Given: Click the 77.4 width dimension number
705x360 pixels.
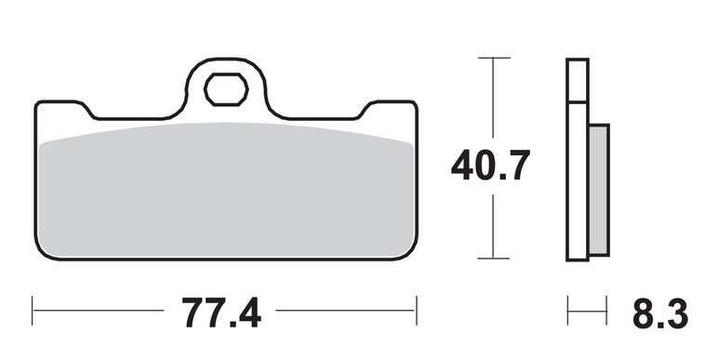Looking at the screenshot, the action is tap(221, 312).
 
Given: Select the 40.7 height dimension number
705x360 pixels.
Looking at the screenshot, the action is tap(490, 165).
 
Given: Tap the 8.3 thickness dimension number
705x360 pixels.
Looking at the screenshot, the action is tap(660, 313).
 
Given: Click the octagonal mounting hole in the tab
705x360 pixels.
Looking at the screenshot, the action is tap(226, 89).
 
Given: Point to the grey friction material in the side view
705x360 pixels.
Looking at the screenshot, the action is tap(599, 189).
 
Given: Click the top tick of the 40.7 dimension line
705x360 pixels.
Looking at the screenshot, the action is tap(494, 58).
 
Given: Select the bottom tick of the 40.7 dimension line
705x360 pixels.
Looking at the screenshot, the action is tap(493, 259).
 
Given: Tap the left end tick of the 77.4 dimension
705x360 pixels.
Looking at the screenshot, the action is tap(33, 311).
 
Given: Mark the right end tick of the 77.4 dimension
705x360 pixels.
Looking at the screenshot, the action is tap(417, 311).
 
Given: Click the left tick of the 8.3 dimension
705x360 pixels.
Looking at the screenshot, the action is tap(568, 311).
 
